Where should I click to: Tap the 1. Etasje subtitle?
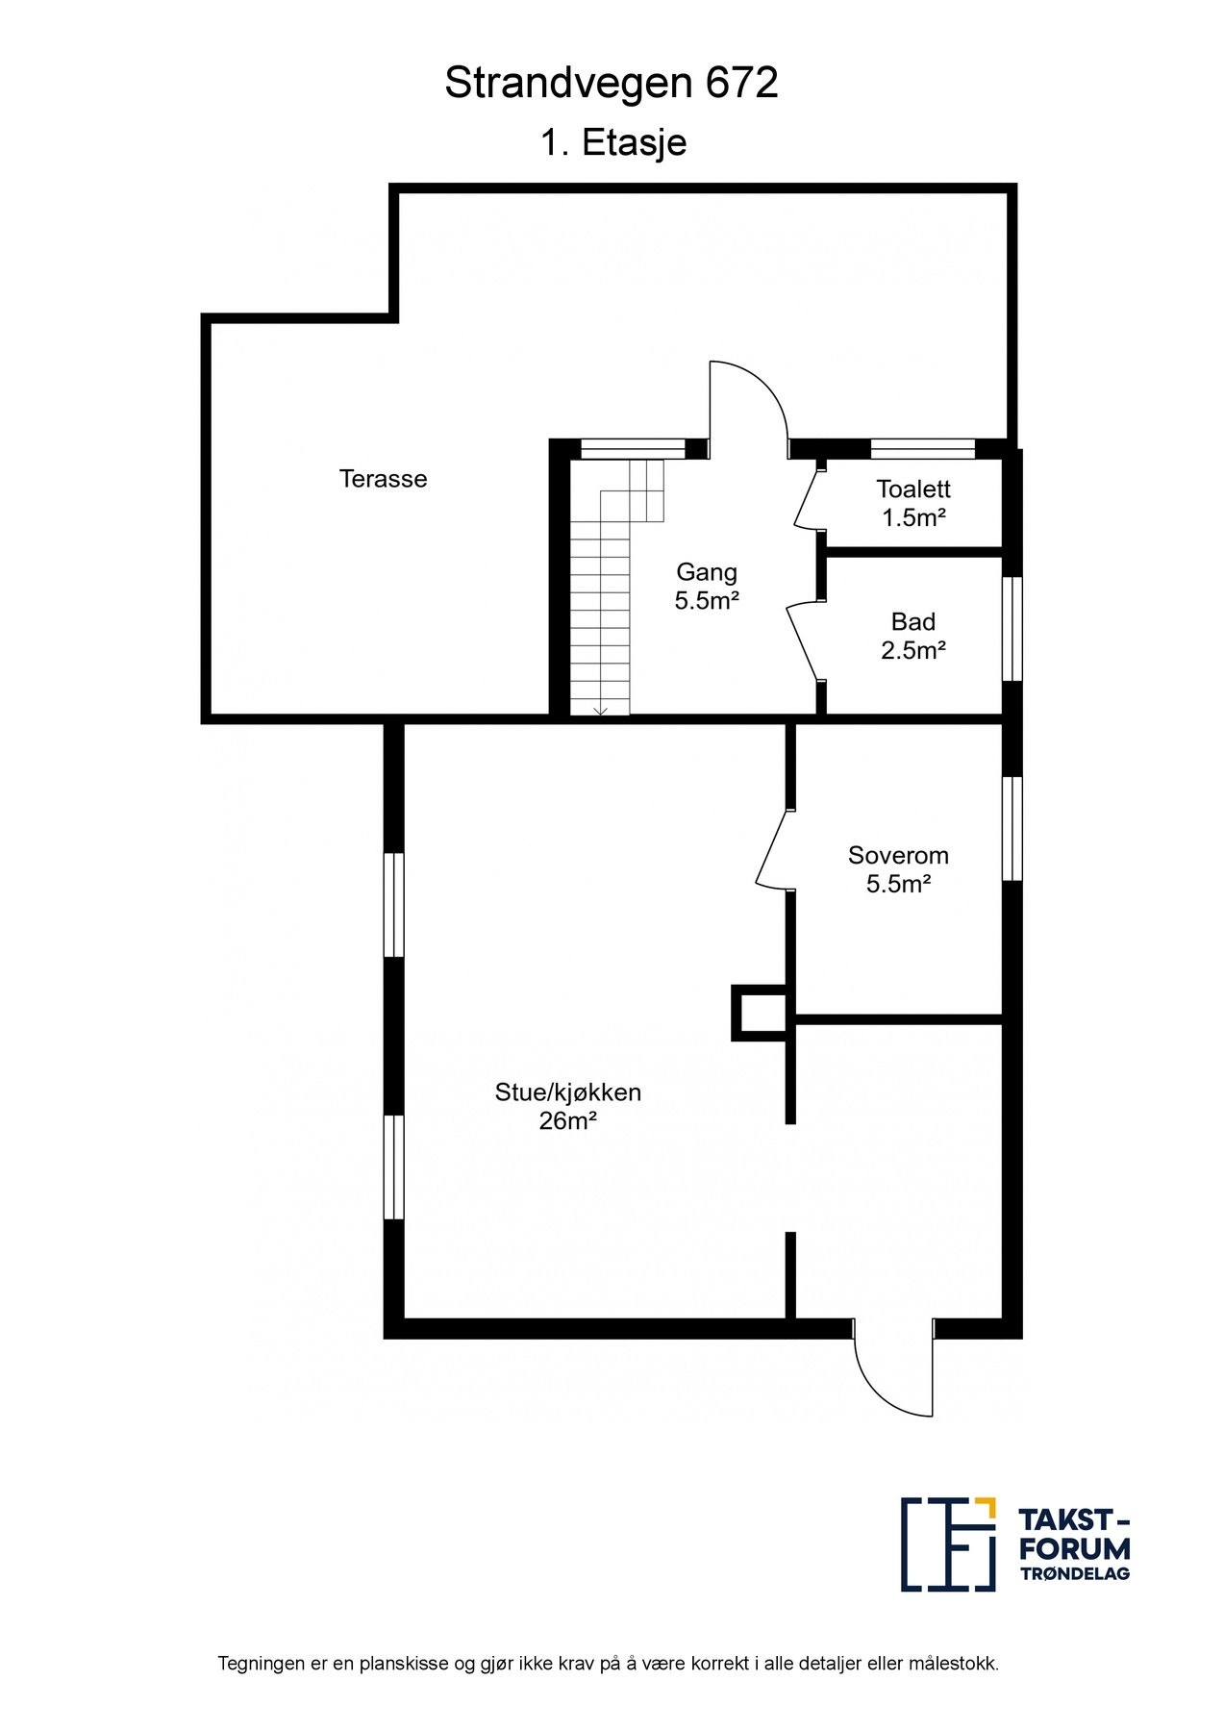click(613, 143)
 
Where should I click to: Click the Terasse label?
click(383, 478)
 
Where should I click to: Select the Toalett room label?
click(913, 489)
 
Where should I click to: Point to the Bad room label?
click(913, 621)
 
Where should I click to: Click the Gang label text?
click(707, 572)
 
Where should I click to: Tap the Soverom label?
click(898, 855)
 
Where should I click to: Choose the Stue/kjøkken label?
click(567, 1092)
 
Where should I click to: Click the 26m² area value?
click(568, 1120)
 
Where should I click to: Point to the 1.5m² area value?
click(914, 517)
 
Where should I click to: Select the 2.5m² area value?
click(913, 650)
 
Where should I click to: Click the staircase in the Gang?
click(615, 588)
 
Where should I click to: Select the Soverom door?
click(773, 848)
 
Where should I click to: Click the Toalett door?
click(807, 498)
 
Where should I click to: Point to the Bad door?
click(805, 641)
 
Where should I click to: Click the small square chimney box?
click(760, 1012)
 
